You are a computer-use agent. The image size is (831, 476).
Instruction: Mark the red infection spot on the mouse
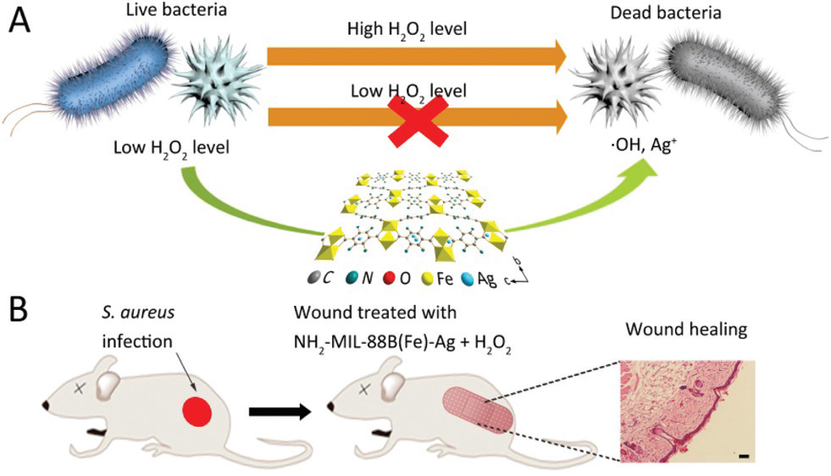point(197,412)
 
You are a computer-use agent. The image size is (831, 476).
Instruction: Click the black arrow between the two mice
point(280,412)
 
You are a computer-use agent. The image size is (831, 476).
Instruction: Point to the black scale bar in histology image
point(743,457)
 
